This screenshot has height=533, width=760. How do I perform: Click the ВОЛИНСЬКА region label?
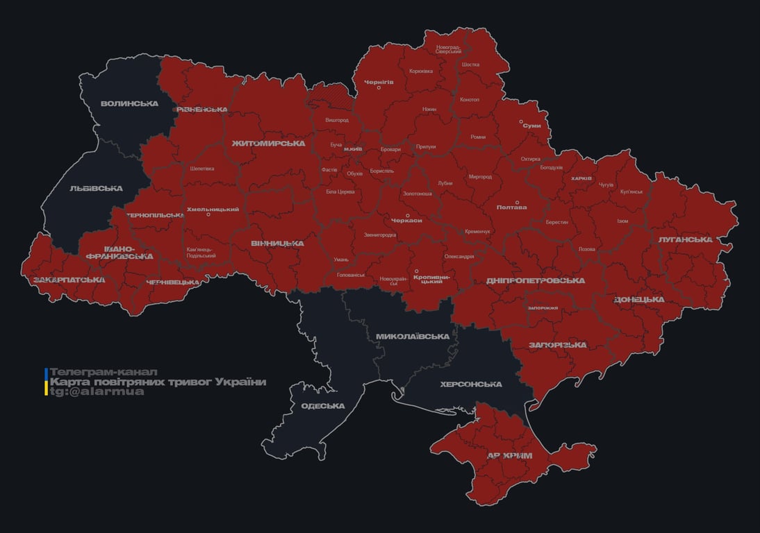tap(130, 103)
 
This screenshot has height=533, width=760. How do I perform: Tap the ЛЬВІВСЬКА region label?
tap(97, 188)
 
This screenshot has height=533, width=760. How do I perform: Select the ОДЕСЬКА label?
tap(323, 406)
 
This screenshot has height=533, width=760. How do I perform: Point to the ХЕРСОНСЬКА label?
tap(471, 384)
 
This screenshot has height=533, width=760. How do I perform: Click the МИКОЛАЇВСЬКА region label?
tap(412, 337)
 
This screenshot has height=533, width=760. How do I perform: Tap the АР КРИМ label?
tap(510, 455)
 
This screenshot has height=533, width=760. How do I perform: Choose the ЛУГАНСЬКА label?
tap(686, 239)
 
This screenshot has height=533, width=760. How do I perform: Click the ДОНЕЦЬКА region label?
tap(639, 300)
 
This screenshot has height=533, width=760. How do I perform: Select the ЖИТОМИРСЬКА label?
tap(268, 144)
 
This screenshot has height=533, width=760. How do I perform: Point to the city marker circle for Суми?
tap(521, 121)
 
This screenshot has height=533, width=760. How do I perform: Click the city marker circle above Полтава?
tap(516, 203)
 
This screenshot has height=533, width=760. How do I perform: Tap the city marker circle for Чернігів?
tap(379, 87)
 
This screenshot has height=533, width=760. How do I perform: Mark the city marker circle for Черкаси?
tap(408, 215)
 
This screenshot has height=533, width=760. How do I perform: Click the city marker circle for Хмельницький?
tap(208, 214)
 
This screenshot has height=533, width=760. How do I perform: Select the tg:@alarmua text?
tap(97, 391)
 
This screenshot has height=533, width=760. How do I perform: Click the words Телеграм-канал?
tap(104, 372)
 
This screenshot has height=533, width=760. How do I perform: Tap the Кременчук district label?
tap(477, 231)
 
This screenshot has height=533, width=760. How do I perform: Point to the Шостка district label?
tap(470, 65)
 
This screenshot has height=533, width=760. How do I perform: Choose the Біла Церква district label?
tap(340, 191)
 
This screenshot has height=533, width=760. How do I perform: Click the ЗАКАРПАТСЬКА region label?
tap(69, 280)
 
